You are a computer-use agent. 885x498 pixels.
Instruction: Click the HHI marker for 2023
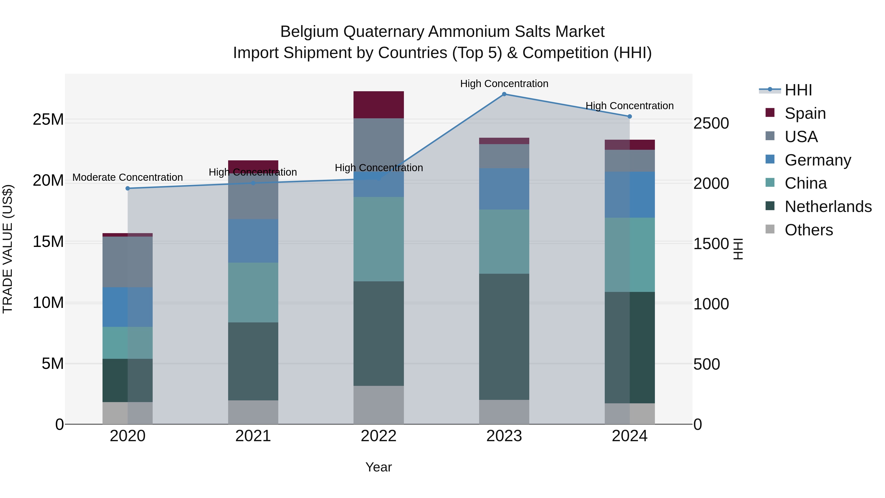(504, 94)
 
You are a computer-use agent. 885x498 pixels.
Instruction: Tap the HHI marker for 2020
(128, 188)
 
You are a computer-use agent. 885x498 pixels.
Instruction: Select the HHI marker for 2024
(629, 117)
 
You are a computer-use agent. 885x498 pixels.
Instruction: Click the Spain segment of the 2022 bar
(379, 105)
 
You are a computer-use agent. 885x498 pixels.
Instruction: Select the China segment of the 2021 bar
(253, 292)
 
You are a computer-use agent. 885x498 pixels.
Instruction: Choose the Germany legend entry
(818, 160)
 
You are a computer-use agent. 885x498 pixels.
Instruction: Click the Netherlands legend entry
(828, 207)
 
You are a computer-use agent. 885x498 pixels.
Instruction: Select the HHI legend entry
(798, 90)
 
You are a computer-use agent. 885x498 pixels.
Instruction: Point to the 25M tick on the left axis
(48, 120)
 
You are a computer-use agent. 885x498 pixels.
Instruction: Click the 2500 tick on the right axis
(711, 123)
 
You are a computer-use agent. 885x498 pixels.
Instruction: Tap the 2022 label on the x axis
(379, 436)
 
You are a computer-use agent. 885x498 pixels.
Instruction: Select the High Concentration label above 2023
(504, 84)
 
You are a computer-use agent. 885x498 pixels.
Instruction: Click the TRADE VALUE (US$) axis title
(8, 249)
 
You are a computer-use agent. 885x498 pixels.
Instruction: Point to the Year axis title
(379, 467)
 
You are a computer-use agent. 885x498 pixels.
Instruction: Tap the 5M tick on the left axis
(53, 364)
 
